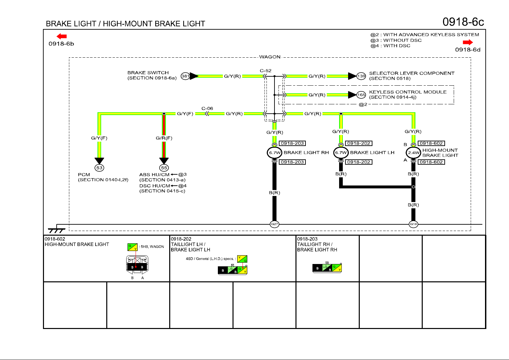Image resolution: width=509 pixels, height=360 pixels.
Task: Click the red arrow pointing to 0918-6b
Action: [x=62, y=36]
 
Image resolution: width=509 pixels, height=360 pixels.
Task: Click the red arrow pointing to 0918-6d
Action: [x=468, y=42]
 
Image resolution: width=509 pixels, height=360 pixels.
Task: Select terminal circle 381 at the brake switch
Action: [x=185, y=76]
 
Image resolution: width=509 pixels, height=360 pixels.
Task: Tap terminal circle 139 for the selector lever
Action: [x=361, y=76]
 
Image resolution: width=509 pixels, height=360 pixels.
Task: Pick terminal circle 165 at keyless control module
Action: [x=361, y=95]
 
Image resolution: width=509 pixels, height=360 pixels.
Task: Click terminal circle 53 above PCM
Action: [x=99, y=168]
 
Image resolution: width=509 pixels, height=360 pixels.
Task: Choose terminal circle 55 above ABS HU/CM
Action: [x=164, y=168]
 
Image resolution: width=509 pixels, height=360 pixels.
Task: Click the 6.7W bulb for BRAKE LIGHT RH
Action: [x=274, y=153]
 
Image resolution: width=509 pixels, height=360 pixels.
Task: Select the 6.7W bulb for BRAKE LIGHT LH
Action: [x=341, y=153]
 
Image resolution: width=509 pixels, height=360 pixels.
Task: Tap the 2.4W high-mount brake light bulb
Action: [x=413, y=153]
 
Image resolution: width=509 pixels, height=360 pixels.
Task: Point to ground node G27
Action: [x=274, y=224]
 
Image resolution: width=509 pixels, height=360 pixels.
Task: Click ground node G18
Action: [x=413, y=224]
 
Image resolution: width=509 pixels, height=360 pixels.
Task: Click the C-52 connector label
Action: [x=265, y=71]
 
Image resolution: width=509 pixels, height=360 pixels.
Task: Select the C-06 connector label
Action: [x=207, y=108]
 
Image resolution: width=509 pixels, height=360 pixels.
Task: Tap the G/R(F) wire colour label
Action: [x=164, y=138]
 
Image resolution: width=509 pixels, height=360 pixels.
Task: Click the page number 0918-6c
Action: [x=463, y=22]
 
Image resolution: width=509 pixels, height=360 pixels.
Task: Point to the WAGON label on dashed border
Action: [x=270, y=57]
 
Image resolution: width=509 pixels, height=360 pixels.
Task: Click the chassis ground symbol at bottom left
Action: [x=56, y=230]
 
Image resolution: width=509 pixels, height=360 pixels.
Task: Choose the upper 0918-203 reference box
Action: [x=292, y=143]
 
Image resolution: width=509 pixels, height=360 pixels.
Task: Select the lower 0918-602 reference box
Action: [x=431, y=162]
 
